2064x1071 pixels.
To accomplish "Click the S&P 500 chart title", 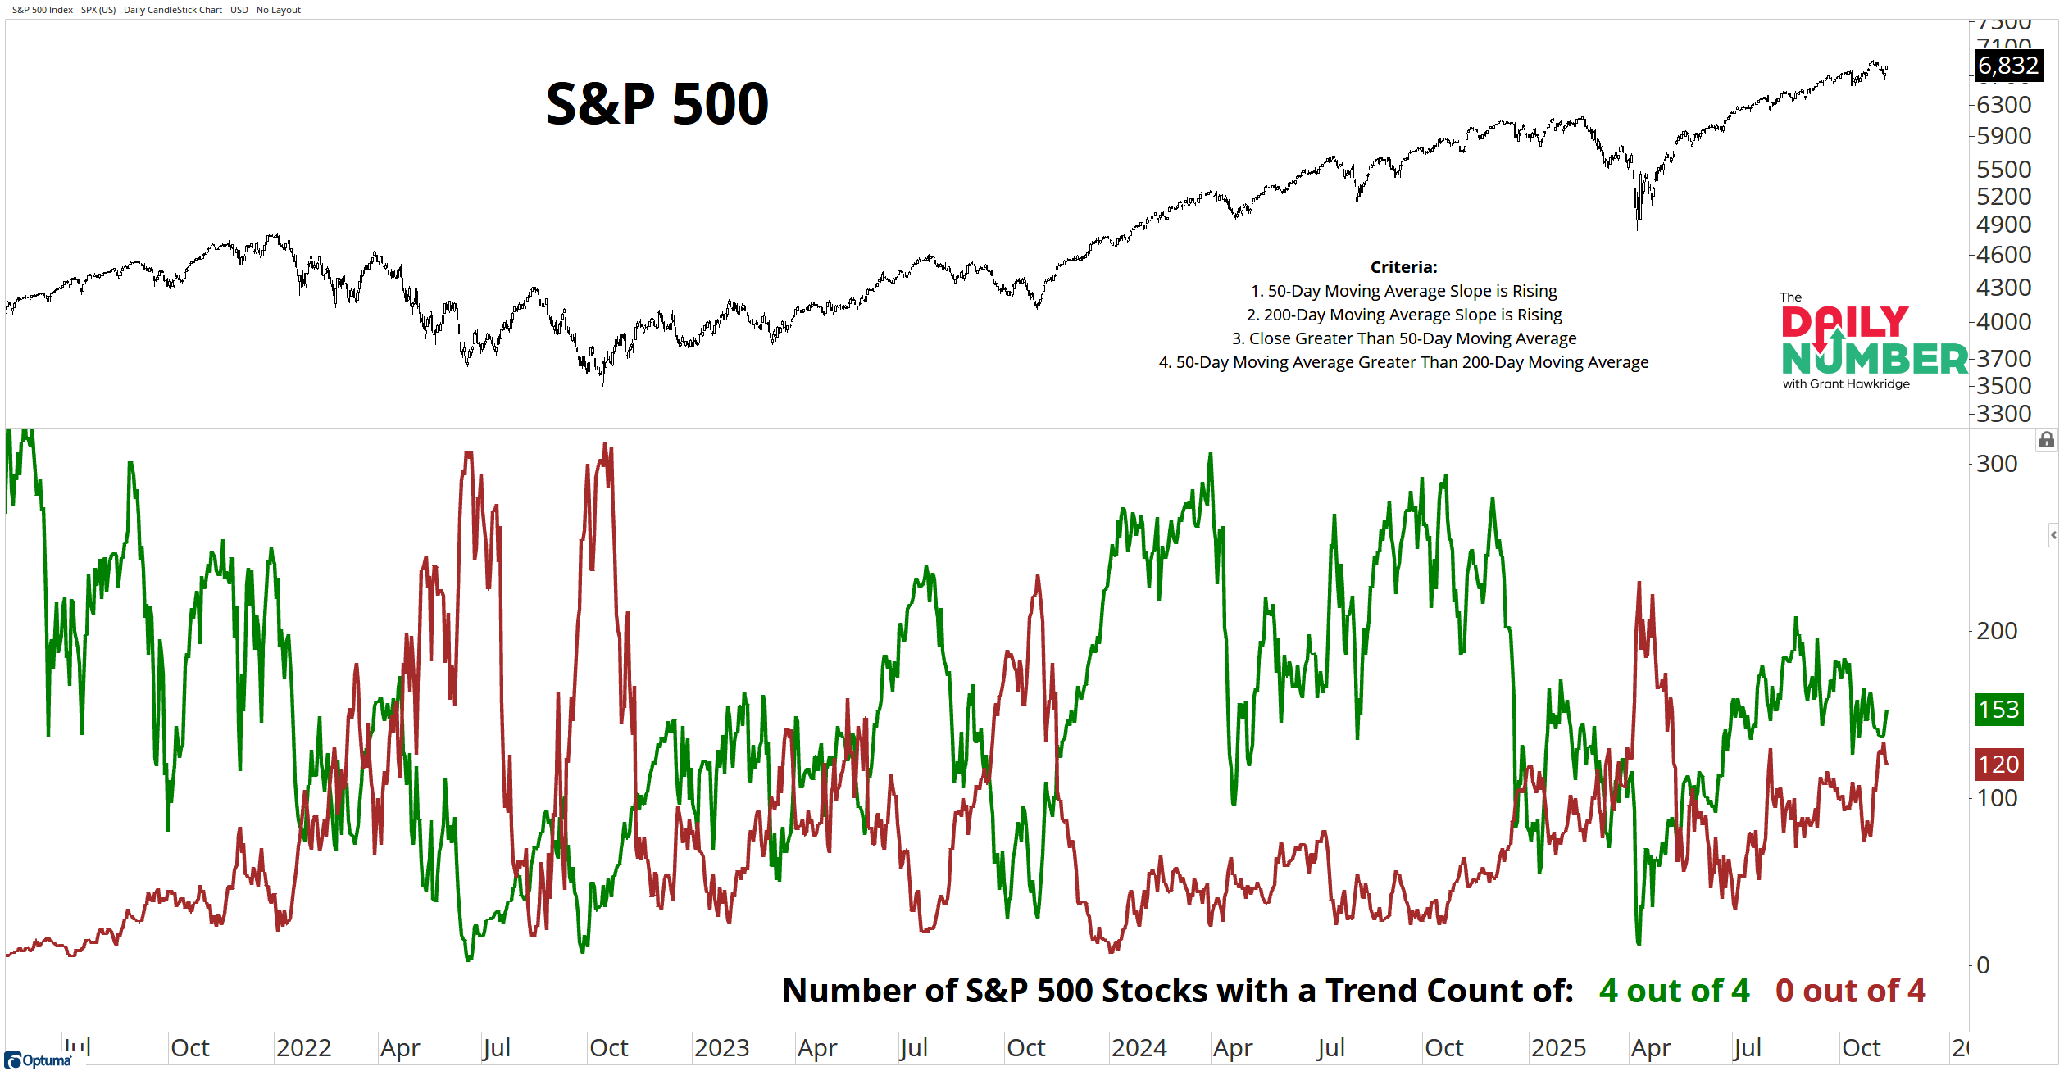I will click(x=657, y=104).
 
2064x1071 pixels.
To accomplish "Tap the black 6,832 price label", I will click(x=2007, y=65).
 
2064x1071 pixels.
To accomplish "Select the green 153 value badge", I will click(x=1998, y=710).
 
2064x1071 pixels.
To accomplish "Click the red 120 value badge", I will click(x=1998, y=765).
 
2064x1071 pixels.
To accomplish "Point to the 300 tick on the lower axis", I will click(x=1997, y=464).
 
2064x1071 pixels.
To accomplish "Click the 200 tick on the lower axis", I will click(x=1997, y=631).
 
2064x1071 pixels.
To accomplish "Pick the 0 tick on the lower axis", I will click(x=1983, y=965).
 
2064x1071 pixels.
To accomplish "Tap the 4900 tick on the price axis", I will click(x=2003, y=224).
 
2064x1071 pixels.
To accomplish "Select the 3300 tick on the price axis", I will click(x=2003, y=413).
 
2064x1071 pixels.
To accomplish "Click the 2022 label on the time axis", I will click(x=303, y=1048).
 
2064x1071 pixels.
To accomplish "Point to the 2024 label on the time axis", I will click(x=1139, y=1048).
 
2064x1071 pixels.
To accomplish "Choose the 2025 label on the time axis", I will click(x=1558, y=1048).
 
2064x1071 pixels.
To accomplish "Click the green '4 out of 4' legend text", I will click(x=1674, y=991).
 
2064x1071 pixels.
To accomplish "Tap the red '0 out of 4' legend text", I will click(x=1850, y=991).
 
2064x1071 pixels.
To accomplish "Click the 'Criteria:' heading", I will click(x=1403, y=267).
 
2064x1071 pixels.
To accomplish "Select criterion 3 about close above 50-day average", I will click(x=1403, y=338).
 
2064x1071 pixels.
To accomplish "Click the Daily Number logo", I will click(x=1873, y=340).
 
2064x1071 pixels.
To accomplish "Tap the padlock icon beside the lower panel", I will click(x=2047, y=441).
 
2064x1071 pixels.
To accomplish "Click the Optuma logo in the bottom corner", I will click(x=39, y=1060).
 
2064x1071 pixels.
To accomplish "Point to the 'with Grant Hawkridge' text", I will click(x=1846, y=384).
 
